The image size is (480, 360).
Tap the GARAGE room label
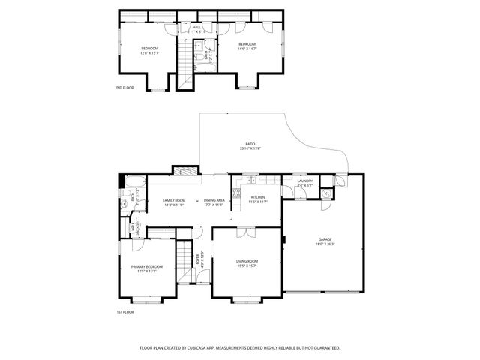point(325,239)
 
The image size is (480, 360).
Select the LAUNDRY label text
point(304,181)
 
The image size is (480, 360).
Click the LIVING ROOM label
point(247,260)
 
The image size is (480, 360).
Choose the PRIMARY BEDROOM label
point(147,267)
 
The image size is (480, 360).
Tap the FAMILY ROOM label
point(174,200)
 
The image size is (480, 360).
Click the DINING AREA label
point(215,200)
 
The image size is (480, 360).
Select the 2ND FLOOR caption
point(124,88)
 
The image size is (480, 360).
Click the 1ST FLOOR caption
point(124,310)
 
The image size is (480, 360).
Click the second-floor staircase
point(184,64)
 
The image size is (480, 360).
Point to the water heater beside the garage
point(325,193)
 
